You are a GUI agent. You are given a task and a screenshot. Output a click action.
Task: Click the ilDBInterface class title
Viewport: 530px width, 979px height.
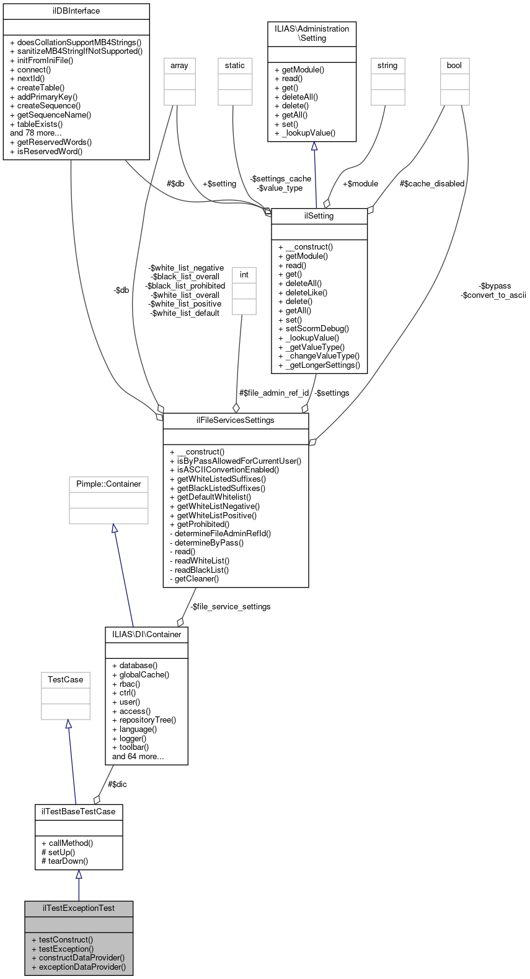point(76,11)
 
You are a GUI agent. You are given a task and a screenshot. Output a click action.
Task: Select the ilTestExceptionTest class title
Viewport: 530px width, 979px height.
point(79,908)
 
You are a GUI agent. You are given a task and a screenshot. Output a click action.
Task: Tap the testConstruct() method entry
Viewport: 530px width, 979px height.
point(62,939)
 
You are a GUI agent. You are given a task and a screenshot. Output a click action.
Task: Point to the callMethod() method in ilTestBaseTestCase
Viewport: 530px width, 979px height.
point(67,843)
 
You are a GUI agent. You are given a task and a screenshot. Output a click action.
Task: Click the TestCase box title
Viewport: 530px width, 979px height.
point(65,679)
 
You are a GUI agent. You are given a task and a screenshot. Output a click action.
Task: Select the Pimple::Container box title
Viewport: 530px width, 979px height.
point(108,484)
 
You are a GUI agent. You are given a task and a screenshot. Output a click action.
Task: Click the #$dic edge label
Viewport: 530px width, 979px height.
point(117,784)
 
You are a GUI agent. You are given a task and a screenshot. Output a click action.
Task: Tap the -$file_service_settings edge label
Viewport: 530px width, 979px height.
point(230,606)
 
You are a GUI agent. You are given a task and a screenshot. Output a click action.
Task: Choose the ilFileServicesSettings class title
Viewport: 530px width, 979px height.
point(235,420)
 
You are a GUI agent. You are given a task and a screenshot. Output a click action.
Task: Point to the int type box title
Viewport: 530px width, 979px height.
point(244,274)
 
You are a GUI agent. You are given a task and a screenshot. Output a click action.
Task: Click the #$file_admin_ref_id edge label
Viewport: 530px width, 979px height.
point(274,393)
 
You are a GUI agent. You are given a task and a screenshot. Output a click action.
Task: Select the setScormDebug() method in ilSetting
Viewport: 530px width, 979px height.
point(314,329)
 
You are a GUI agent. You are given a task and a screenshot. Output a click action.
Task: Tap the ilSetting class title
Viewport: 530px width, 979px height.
point(319,215)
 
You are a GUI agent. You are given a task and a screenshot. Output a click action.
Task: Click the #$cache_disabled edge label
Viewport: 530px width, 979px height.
point(431,183)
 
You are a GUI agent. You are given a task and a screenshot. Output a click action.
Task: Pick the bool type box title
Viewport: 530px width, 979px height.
point(454,65)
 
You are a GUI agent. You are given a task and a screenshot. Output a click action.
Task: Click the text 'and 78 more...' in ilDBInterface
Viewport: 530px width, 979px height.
point(36,133)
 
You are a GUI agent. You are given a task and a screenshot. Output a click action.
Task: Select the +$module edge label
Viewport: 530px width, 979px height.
point(360,183)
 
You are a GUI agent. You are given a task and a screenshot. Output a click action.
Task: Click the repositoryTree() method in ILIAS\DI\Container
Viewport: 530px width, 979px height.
point(144,720)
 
